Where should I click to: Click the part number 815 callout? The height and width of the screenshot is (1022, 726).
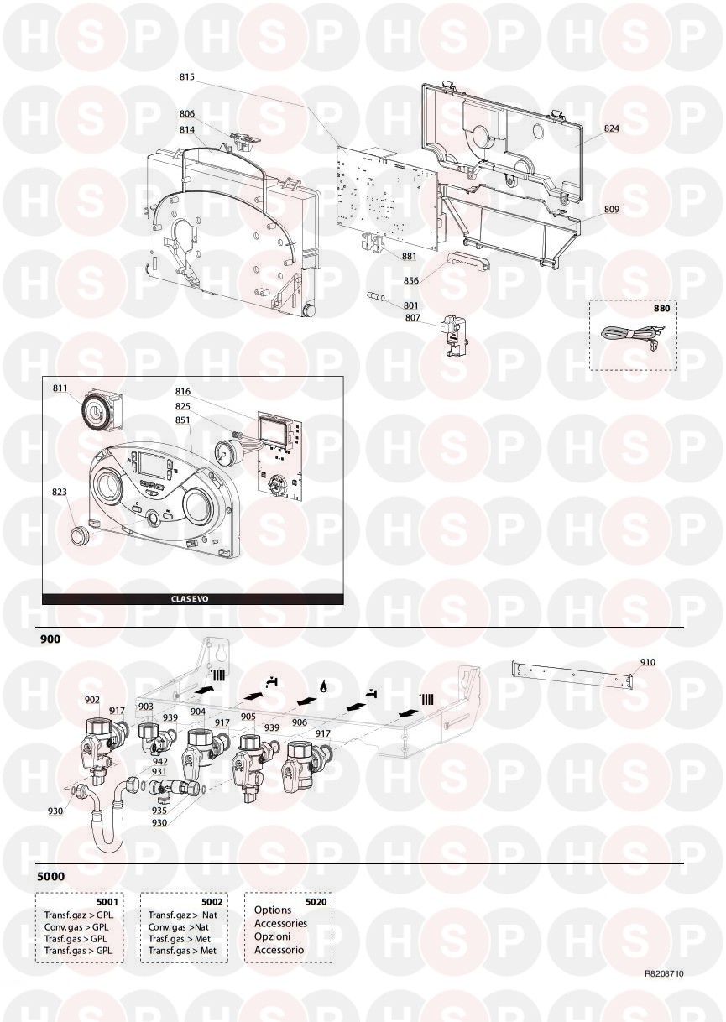coord(187,76)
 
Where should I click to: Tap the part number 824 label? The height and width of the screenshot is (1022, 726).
coord(612,128)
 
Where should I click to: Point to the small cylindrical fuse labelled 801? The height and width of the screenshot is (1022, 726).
coord(376,298)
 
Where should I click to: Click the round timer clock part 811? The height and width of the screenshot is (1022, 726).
coord(102,411)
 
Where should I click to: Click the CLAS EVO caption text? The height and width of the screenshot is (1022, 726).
coord(190,599)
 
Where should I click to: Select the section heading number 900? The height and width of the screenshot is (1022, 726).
coord(50,639)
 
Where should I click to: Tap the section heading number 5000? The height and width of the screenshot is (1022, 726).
coord(50,877)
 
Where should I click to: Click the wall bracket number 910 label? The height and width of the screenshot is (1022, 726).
coord(647,662)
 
